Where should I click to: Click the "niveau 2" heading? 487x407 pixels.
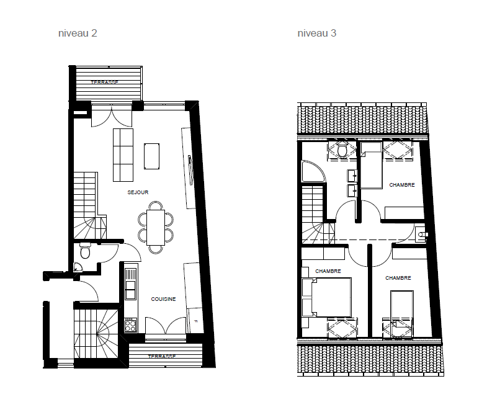click(x=78, y=34)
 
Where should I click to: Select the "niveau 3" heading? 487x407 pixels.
click(x=317, y=34)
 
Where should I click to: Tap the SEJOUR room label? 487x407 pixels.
click(x=138, y=192)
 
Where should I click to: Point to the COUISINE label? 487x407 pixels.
click(x=163, y=299)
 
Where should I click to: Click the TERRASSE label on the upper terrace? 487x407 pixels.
click(x=104, y=83)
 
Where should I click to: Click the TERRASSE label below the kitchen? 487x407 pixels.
click(x=161, y=357)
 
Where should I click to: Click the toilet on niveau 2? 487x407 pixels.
click(x=85, y=252)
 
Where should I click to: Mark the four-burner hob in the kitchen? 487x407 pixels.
click(x=131, y=324)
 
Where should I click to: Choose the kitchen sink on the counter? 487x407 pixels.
click(x=130, y=287)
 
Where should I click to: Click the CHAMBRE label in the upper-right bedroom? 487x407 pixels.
click(x=401, y=185)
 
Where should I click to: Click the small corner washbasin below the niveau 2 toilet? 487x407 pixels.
click(x=78, y=267)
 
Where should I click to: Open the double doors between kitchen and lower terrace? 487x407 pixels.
click(x=166, y=326)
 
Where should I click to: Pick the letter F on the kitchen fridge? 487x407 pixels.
click(x=195, y=321)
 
